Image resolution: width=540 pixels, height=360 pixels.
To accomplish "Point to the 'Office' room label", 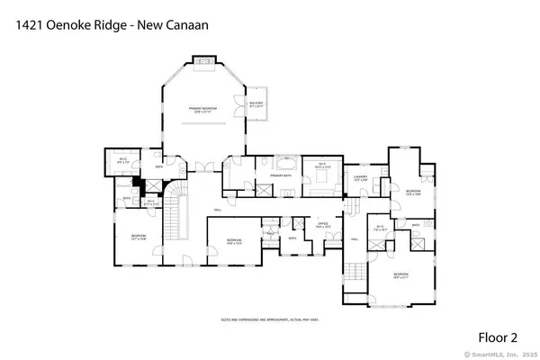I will coord(321,225).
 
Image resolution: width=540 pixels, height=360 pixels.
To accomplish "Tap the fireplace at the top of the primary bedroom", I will coord(203,61).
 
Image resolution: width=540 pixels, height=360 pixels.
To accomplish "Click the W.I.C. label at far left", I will coord(121,162).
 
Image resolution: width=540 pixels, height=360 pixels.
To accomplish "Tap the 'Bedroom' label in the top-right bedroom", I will coord(412,192).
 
